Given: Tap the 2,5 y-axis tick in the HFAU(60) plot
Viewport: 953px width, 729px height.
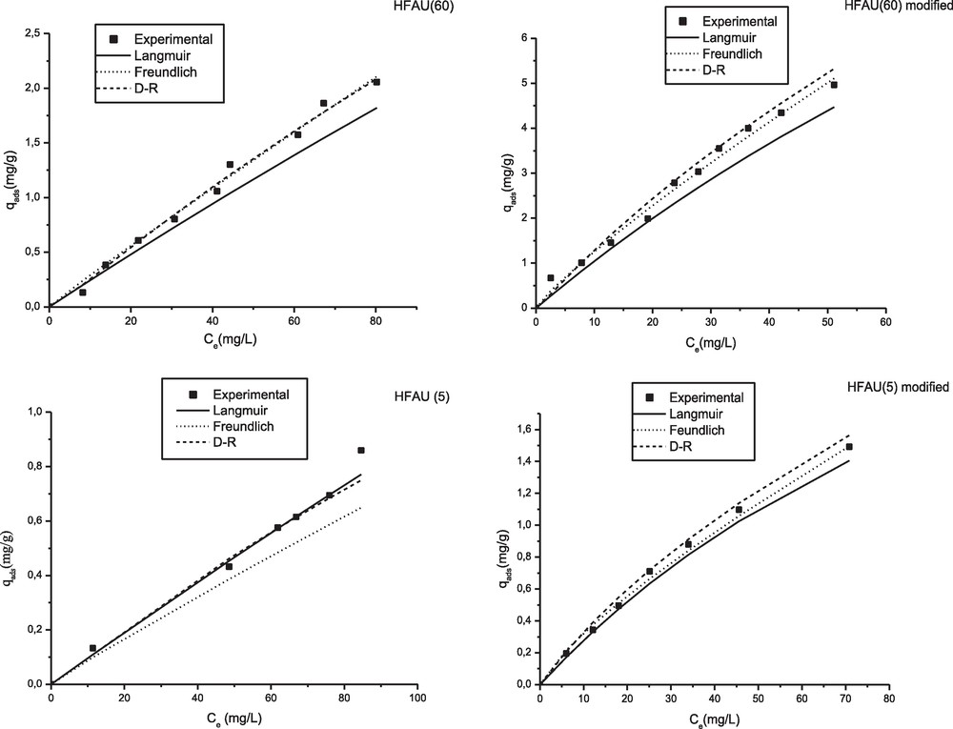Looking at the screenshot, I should (x=31, y=34).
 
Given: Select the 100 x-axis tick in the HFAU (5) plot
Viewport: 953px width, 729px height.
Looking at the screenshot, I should (x=416, y=699).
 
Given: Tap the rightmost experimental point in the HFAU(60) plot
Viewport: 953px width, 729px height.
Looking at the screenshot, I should (x=376, y=82).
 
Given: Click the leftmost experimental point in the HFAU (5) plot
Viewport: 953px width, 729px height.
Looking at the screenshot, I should (x=92, y=648).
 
